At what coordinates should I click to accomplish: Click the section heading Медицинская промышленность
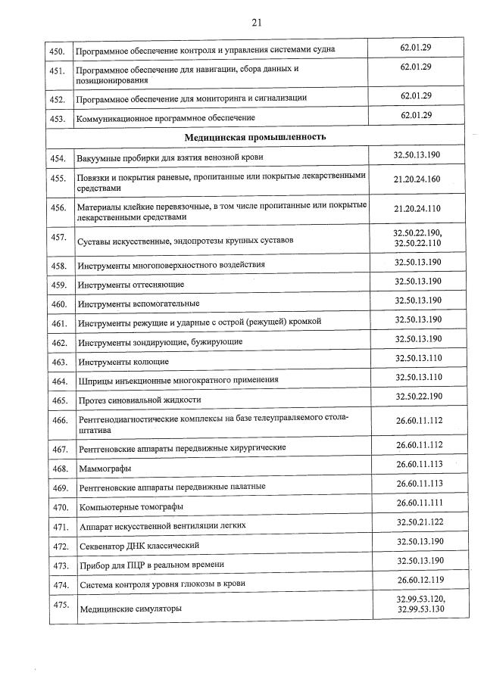point(256,137)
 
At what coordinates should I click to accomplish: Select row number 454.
point(58,158)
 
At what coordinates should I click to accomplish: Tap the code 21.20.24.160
point(417,179)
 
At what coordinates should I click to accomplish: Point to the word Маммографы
point(104,469)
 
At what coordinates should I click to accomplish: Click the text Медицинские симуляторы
point(130,609)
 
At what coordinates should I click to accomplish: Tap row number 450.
point(57,50)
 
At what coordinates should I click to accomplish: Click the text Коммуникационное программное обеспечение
point(165,118)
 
